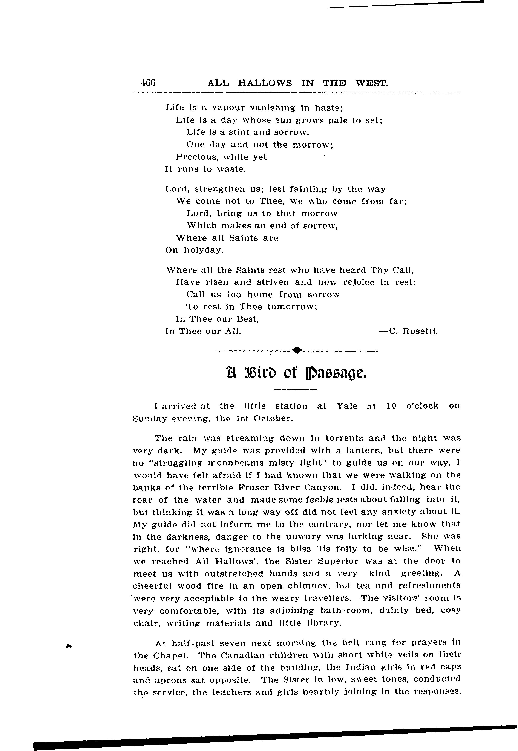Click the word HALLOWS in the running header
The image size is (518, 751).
(x=265, y=83)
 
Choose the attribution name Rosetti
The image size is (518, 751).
(x=420, y=332)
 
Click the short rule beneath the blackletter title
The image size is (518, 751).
(x=295, y=389)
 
